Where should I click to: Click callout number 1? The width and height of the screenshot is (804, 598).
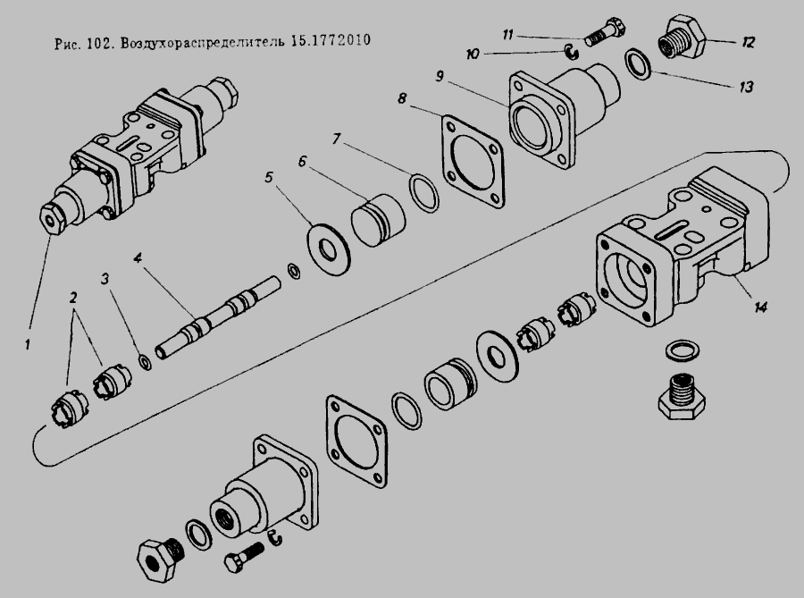[27, 344]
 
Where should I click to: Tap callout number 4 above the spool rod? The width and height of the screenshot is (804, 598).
[138, 257]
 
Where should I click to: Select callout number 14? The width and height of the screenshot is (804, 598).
[760, 307]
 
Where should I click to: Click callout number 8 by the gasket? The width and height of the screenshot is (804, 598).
[401, 98]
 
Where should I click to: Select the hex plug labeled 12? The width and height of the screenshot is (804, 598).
[682, 38]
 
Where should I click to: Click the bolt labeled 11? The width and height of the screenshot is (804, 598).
[606, 32]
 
